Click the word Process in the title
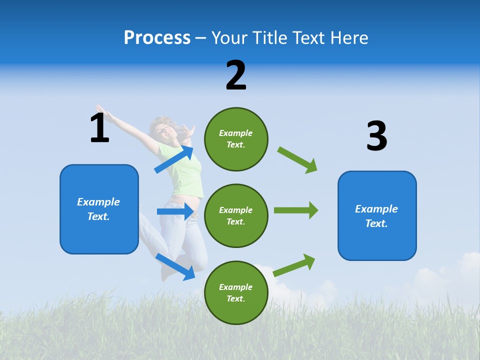[x=157, y=37]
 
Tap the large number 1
[x=99, y=128]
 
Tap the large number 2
[x=236, y=75]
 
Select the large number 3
[x=376, y=136]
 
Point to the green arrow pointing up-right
[x=294, y=265]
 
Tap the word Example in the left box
[x=98, y=202]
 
